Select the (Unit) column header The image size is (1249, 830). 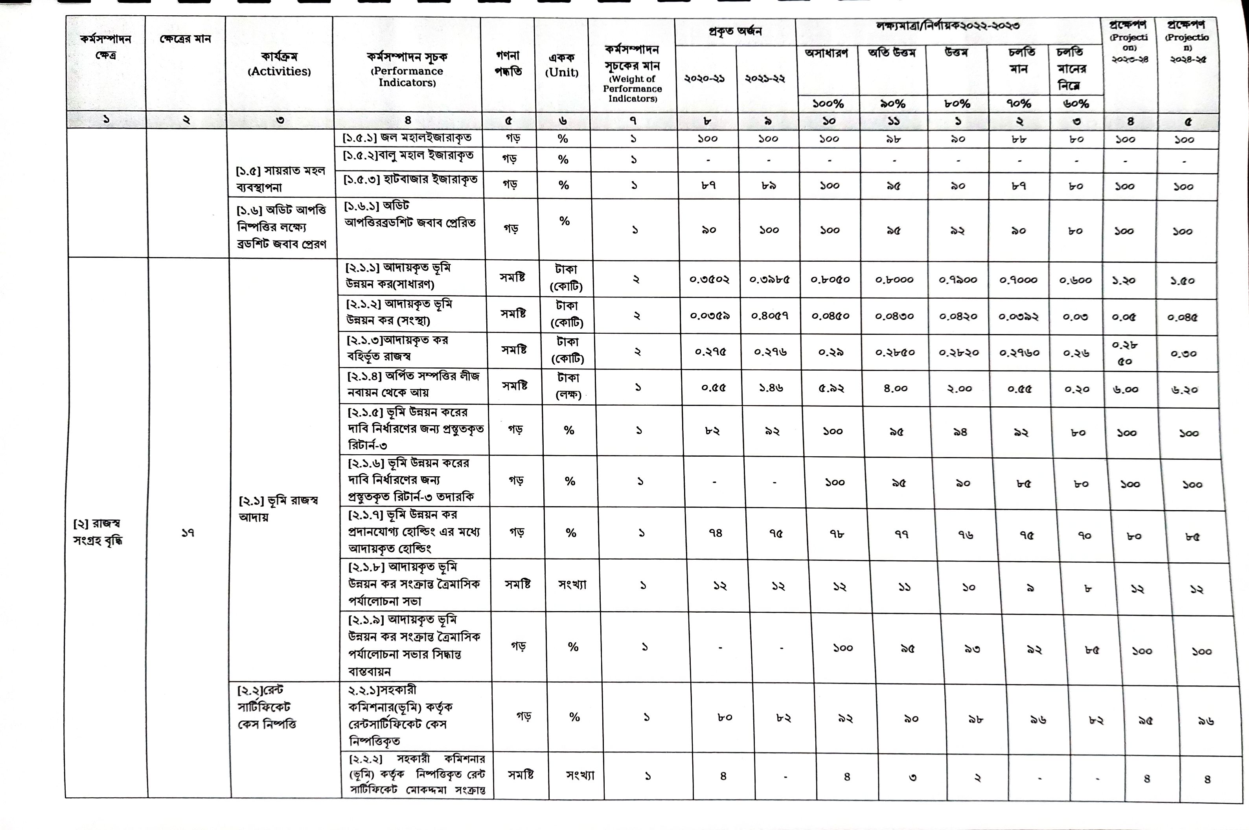tap(561, 73)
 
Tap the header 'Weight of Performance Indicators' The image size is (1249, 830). tap(632, 88)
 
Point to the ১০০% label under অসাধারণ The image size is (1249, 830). tap(828, 104)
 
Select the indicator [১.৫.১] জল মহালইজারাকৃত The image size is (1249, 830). tap(406, 138)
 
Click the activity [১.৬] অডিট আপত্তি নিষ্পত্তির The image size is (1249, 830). tap(281, 226)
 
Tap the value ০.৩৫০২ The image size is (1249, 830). tap(710, 279)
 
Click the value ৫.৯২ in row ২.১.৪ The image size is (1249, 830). tap(831, 388)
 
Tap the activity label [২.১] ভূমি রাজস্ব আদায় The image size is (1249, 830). tap(278, 509)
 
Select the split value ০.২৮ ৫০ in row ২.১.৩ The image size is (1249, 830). tap(1125, 353)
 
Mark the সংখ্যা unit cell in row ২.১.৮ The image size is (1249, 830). tap(572, 584)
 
